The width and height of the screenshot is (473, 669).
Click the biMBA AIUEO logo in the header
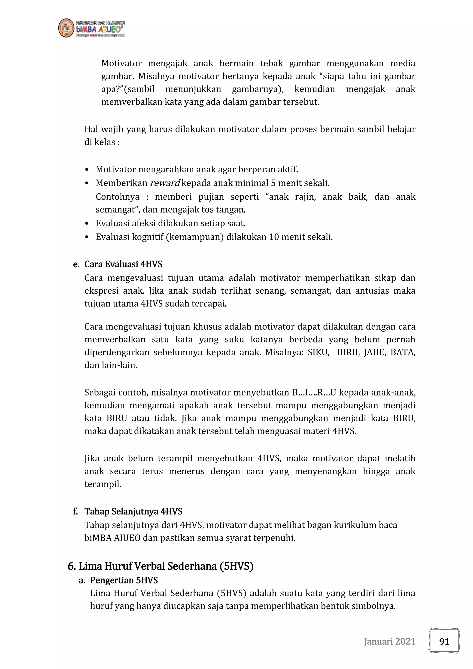pyautogui.click(x=91, y=28)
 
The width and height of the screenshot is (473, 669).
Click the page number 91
pyautogui.click(x=444, y=641)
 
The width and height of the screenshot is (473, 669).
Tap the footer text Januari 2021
pyautogui.click(x=389, y=641)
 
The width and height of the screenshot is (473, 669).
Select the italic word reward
pyautogui.click(x=165, y=183)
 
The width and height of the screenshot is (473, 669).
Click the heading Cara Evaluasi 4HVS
pyautogui.click(x=123, y=264)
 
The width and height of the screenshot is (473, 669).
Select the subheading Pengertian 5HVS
pyautogui.click(x=124, y=580)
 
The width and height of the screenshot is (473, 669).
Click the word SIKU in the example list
pyautogui.click(x=318, y=352)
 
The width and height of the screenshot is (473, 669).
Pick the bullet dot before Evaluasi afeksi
pyautogui.click(x=87, y=223)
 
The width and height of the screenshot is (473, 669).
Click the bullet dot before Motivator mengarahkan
pyautogui.click(x=87, y=170)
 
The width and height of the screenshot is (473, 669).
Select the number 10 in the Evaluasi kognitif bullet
pyautogui.click(x=274, y=237)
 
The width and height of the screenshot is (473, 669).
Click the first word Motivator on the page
pyautogui.click(x=121, y=63)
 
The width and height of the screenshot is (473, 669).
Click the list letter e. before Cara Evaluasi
pyautogui.click(x=76, y=264)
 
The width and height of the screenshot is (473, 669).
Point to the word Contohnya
pyautogui.click(x=118, y=197)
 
